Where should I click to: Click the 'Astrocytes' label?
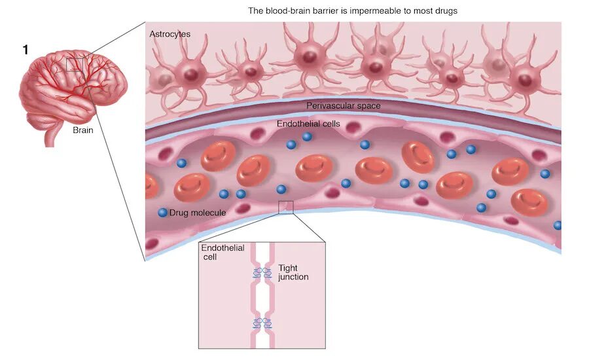[x=169, y=33]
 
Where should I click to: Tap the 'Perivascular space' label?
[x=343, y=105]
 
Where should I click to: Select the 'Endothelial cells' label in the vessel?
[x=309, y=123]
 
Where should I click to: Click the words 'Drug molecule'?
[x=198, y=213]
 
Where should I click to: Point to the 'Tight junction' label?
[x=293, y=272]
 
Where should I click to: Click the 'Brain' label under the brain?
[x=83, y=130]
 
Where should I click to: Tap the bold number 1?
[x=26, y=50]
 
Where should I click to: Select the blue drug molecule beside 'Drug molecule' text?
[x=162, y=213]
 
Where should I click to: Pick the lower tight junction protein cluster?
[x=262, y=323]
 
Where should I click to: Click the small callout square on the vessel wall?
[x=286, y=207]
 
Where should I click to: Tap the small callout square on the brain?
[x=75, y=64]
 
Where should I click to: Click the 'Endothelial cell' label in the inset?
[x=223, y=252]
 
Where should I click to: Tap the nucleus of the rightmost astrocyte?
[x=524, y=80]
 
